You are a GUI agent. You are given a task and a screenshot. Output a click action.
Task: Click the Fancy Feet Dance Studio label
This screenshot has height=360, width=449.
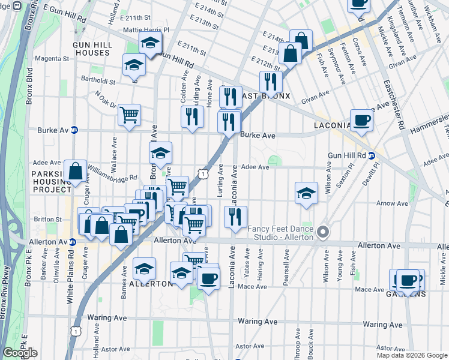coord(281,233)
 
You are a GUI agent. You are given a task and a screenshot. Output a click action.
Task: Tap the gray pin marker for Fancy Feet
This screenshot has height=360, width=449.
coord(324,232)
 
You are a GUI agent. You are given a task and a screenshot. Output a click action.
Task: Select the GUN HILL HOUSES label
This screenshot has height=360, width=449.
coord(91,49)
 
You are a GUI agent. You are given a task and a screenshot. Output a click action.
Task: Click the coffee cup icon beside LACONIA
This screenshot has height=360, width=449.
coord(361,120)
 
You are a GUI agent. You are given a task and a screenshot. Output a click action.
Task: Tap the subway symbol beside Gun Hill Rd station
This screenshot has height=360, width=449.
coord(372,155)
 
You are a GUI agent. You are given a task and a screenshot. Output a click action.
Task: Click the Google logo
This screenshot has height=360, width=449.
coord(20,353)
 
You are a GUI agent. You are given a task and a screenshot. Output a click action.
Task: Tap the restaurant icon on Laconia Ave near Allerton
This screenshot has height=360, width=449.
coord(236,217)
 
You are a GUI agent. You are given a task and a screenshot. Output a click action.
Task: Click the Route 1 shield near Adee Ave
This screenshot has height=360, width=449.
coord(205,173)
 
